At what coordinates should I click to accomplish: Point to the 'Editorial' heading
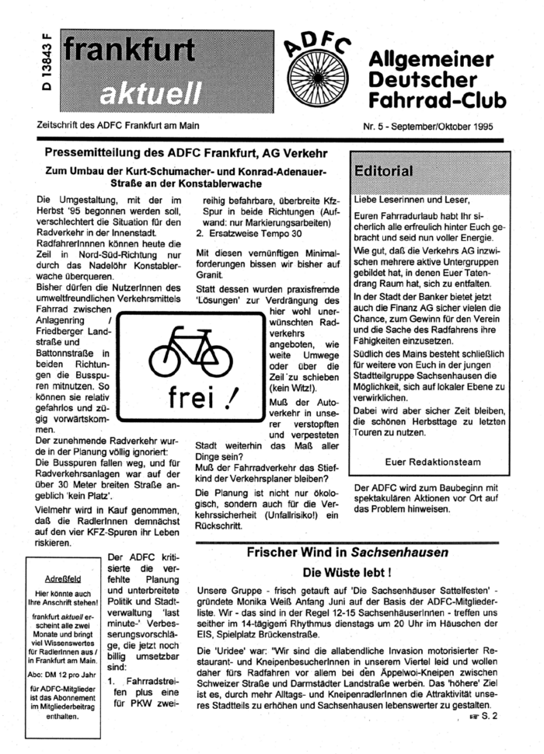(x=384, y=170)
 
